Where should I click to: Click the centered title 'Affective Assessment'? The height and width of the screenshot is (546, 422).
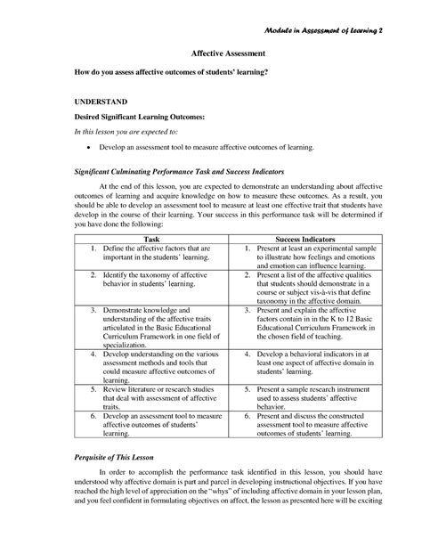(211, 53)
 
